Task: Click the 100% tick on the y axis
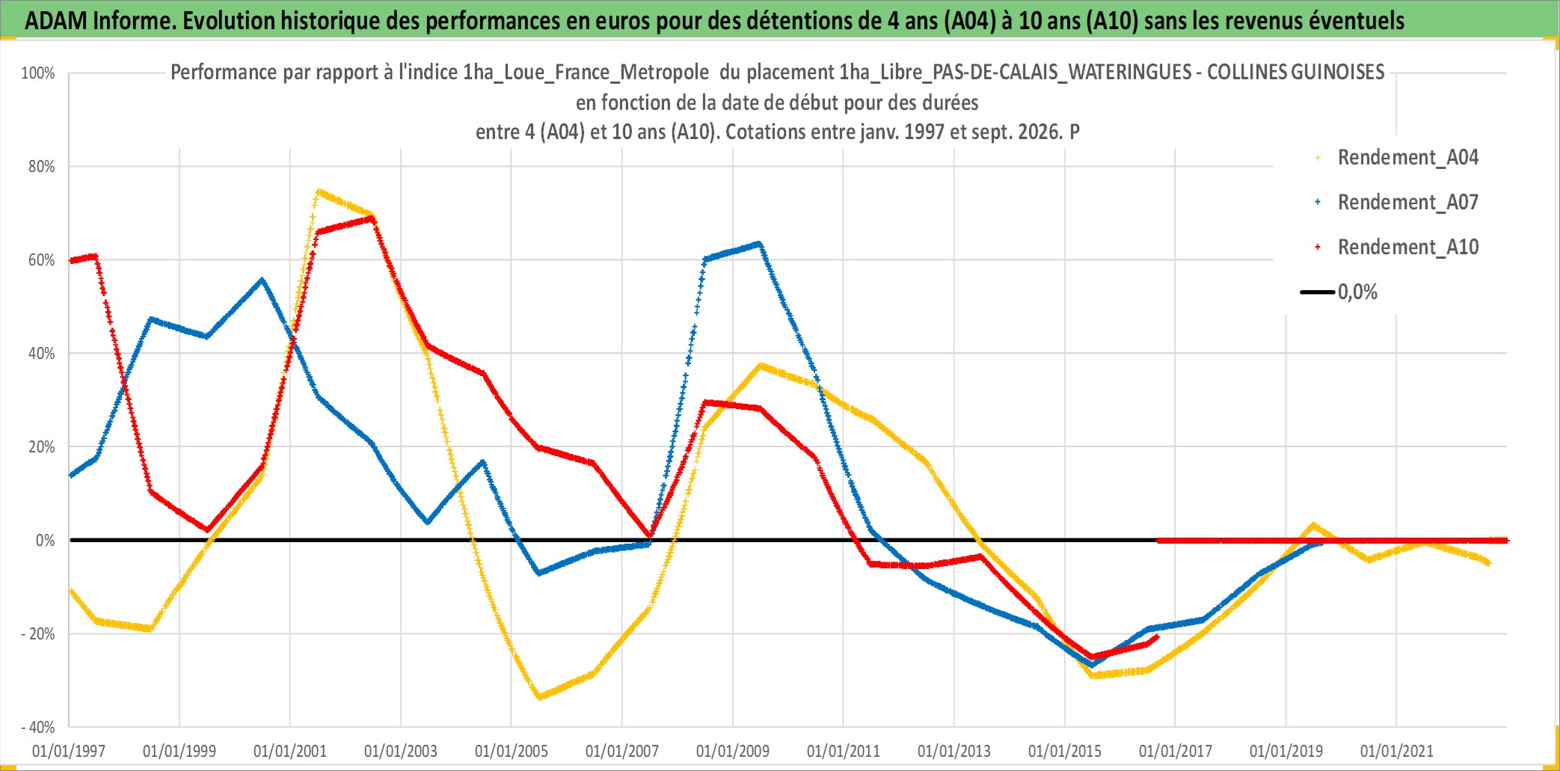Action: (38, 73)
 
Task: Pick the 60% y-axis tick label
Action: (42, 260)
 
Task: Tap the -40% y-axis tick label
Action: (38, 727)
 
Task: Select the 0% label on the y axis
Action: (46, 541)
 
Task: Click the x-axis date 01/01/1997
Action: (69, 751)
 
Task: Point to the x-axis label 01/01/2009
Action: (733, 751)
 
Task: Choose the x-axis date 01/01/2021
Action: (1397, 751)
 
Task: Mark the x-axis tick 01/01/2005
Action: (512, 751)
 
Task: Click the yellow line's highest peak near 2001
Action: (319, 191)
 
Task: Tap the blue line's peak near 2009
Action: (759, 243)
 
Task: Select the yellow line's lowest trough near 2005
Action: (538, 697)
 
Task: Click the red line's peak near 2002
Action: (372, 218)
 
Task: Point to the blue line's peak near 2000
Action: (262, 280)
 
